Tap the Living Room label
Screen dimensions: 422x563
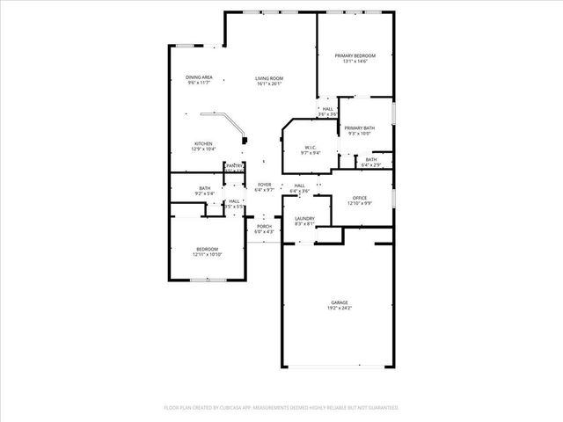pos(268,77)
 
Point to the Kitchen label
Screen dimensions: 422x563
pos(203,143)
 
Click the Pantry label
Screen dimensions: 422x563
pos(234,164)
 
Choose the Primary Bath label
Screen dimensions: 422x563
pos(359,127)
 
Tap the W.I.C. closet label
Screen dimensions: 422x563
pos(311,147)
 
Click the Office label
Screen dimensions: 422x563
pos(359,198)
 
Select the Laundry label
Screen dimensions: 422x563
pos(304,218)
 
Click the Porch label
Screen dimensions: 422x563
pos(264,226)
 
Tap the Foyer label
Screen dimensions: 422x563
pos(264,184)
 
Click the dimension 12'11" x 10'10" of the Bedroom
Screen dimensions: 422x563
pos(207,255)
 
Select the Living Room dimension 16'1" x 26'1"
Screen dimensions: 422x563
pos(268,84)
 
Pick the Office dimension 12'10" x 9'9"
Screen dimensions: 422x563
pos(359,204)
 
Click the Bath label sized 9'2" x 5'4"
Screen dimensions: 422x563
pos(204,187)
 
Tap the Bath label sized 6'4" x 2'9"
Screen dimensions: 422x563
pos(370,159)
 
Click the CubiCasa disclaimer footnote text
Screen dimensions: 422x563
pos(281,408)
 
